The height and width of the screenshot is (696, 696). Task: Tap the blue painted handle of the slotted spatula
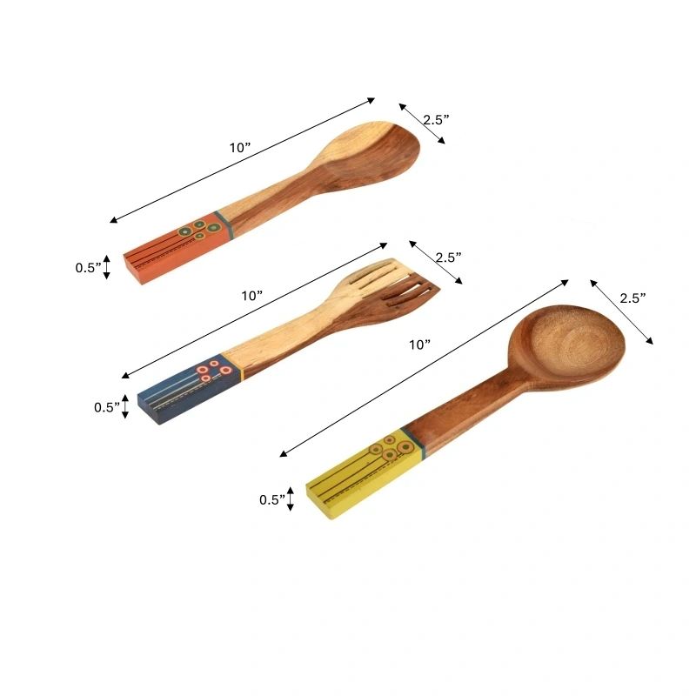coord(189,387)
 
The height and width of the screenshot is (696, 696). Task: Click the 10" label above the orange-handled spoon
coord(240,148)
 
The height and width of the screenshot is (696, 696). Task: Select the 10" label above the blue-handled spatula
coord(252,295)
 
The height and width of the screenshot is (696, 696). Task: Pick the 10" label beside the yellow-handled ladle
coord(420,345)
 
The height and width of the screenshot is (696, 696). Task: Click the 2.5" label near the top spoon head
coord(436,120)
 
